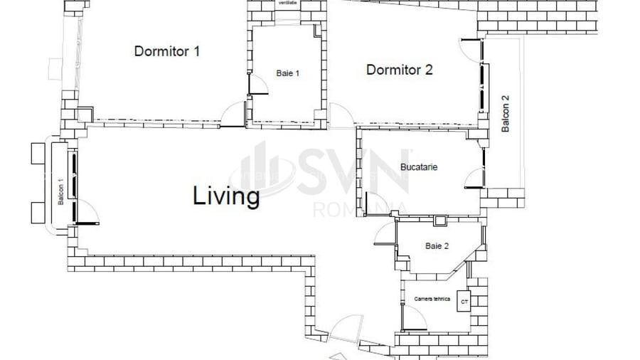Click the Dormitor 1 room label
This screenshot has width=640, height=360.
coord(167,51)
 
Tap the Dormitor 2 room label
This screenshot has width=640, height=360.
coord(400,70)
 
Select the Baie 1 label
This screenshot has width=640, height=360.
coord(288,73)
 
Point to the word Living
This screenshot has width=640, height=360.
coord(226,196)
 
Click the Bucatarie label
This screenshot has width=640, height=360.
coord(419,167)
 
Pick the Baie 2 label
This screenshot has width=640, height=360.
coord(437,246)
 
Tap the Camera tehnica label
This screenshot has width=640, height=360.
coord(432,299)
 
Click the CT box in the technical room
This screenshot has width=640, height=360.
coord(465,302)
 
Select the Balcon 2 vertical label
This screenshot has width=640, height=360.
coord(506,114)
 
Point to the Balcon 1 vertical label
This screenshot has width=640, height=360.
coord(61,192)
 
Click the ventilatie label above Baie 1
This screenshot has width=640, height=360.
coord(288,3)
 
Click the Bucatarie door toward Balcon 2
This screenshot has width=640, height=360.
coord(474,179)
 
